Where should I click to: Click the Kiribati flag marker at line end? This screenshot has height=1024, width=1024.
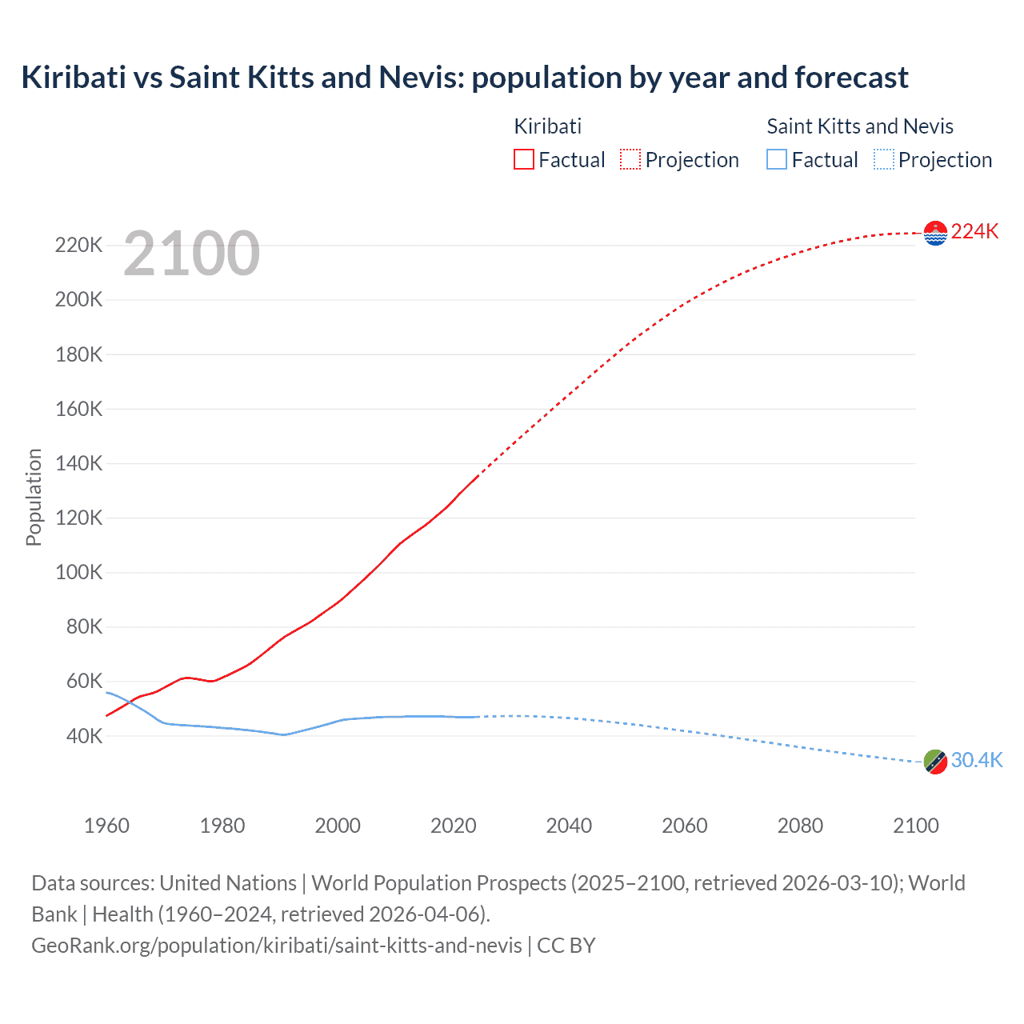tap(934, 233)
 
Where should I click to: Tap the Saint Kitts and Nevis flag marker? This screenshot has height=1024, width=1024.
tap(934, 762)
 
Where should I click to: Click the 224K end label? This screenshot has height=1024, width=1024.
tap(974, 231)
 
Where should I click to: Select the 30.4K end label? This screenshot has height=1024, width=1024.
tap(976, 760)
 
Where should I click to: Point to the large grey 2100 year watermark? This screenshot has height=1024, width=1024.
tap(191, 254)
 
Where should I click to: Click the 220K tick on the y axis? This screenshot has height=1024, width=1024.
tap(78, 245)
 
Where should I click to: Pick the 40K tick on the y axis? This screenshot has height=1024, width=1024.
tap(83, 736)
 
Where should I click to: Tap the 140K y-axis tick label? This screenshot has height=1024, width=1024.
tap(78, 463)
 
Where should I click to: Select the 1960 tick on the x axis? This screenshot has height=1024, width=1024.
tap(106, 826)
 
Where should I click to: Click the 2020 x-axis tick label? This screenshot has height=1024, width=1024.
tap(453, 826)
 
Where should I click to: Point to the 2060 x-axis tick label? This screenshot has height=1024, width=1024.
tap(684, 826)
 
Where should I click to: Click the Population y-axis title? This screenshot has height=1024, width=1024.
tap(34, 497)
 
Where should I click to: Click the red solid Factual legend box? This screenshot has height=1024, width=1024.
tap(523, 160)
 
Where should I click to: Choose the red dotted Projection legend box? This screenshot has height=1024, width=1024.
tap(630, 160)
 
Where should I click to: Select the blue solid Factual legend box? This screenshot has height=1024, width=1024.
tap(776, 160)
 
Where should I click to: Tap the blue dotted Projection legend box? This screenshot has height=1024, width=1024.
tap(883, 160)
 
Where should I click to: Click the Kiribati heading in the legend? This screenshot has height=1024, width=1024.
tap(547, 126)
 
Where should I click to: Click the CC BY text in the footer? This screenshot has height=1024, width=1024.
tap(566, 945)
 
